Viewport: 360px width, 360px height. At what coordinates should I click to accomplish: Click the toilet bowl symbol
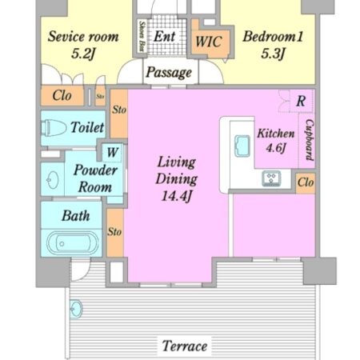pos(53,128)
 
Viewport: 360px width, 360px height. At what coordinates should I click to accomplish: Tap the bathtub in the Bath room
pos(73,243)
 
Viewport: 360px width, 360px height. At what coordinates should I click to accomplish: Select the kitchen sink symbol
pos(242,146)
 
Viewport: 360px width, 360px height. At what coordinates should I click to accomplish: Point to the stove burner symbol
pos(271,178)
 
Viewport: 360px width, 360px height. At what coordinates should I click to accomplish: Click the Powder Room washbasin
pos(53,180)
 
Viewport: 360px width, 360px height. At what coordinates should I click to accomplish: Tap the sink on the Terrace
pos(76,309)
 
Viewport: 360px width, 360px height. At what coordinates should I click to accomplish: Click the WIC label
pos(209,42)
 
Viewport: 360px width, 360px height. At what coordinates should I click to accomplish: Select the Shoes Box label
pos(142,36)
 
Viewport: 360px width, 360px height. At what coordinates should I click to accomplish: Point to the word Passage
pos(169,72)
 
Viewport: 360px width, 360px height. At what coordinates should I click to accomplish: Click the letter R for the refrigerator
pos(301,101)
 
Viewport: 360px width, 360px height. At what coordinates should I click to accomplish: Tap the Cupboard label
pos(310,140)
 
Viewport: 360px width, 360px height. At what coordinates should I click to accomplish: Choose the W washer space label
pos(112,152)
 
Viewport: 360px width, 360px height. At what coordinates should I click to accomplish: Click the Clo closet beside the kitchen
pos(306,182)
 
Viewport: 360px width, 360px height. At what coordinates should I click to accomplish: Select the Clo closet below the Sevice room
pos(62,95)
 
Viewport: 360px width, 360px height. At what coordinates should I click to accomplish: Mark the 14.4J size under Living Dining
pos(177,196)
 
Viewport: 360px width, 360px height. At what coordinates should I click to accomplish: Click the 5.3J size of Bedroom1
pos(273,54)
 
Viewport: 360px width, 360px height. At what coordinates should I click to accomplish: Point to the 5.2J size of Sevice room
pos(83,54)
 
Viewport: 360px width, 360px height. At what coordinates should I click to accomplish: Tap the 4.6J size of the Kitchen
pos(276,147)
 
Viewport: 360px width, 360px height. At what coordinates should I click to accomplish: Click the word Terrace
pos(185,346)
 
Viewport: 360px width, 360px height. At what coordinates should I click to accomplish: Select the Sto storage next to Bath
pos(114,231)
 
